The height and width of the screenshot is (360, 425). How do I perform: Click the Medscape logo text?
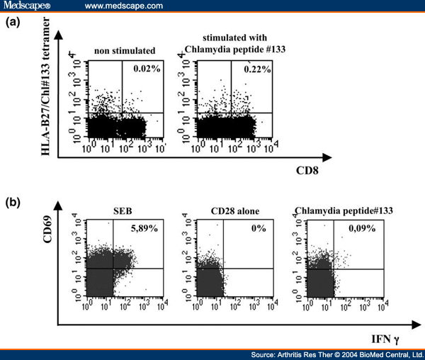click(28, 6)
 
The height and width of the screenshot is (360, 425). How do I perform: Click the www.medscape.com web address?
click(124, 6)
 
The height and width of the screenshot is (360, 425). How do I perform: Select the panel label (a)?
click(13, 23)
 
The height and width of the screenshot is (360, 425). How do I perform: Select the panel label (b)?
click(13, 201)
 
